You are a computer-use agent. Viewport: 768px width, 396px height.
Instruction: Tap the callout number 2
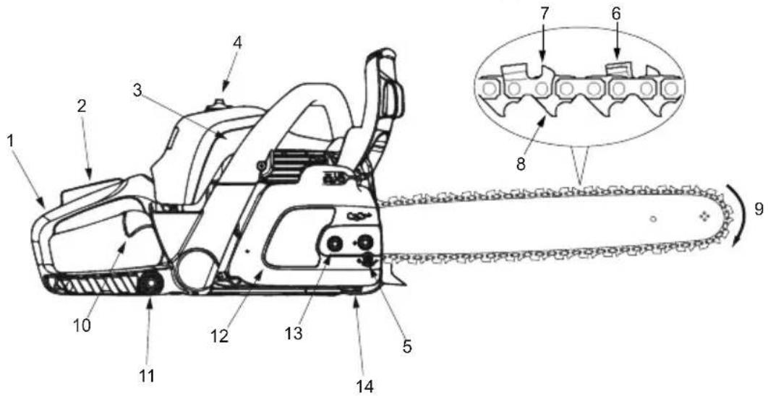tap(82, 106)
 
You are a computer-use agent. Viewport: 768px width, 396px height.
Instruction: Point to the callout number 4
tap(237, 42)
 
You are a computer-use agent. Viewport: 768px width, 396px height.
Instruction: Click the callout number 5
tap(406, 346)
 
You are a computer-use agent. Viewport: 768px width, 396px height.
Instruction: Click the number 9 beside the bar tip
tap(758, 209)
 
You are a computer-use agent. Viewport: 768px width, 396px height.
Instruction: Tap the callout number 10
tap(82, 324)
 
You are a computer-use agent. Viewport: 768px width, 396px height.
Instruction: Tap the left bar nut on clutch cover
tap(333, 244)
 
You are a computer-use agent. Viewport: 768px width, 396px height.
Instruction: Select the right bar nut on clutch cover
tap(366, 243)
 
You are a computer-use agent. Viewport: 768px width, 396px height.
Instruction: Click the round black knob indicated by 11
tap(151, 284)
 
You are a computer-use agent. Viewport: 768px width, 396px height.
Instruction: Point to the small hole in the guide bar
tap(652, 218)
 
